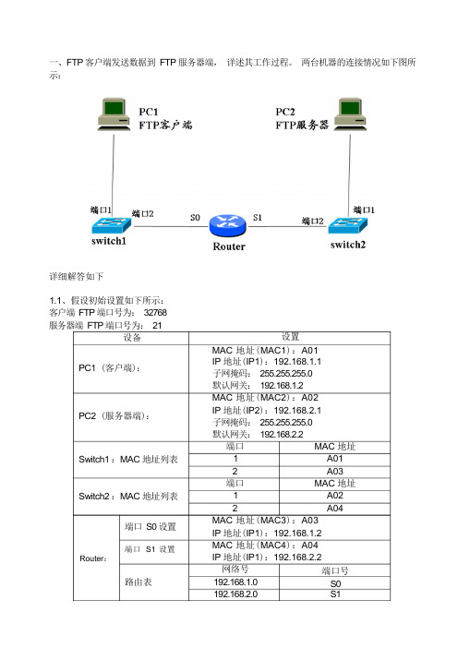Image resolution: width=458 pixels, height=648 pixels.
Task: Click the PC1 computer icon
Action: tap(114, 114)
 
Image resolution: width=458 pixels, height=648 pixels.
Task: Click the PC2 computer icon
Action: tap(350, 114)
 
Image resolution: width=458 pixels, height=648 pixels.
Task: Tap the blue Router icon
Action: tap(227, 225)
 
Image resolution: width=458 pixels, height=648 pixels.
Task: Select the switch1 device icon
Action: tap(111, 225)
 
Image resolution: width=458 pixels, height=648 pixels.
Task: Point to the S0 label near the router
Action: tap(195, 217)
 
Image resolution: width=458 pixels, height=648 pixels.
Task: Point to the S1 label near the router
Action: tap(258, 217)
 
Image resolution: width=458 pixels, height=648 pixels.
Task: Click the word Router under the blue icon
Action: tap(229, 246)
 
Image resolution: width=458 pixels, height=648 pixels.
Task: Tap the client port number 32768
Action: tap(155, 312)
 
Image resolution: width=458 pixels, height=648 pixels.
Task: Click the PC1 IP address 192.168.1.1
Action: tap(297, 362)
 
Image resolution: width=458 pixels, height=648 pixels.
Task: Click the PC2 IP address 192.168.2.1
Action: tap(297, 411)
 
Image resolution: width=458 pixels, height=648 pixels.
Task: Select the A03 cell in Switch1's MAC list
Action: tap(335, 472)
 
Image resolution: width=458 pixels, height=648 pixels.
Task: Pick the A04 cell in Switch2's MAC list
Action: tap(335, 509)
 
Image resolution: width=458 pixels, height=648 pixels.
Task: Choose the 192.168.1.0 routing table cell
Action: tap(235, 582)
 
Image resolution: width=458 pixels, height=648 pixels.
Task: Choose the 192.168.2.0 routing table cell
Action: tap(235, 594)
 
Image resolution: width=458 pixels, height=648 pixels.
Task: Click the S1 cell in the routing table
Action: tap(335, 594)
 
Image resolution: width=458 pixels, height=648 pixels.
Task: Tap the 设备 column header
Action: tap(132, 338)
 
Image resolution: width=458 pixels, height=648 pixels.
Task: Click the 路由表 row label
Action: tap(139, 582)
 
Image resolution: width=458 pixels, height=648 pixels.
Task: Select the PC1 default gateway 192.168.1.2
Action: tap(282, 386)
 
